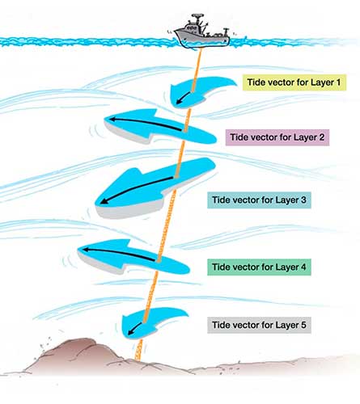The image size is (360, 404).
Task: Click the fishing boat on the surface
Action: (201, 32)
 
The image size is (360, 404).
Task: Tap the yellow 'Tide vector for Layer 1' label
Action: (294, 82)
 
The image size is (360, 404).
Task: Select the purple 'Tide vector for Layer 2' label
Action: (277, 137)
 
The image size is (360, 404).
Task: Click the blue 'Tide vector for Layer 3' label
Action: (259, 200)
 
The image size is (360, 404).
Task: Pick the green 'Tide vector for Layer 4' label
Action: (259, 267)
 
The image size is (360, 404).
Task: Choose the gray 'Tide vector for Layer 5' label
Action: (259, 325)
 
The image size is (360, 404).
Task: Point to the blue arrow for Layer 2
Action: (159, 127)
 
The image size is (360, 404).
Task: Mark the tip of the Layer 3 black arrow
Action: (102, 203)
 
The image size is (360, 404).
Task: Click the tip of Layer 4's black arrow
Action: (83, 250)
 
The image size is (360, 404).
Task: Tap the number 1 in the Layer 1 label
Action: (338, 82)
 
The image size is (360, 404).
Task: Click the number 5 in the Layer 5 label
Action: (303, 325)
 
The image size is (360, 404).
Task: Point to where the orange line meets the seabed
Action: (138, 359)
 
